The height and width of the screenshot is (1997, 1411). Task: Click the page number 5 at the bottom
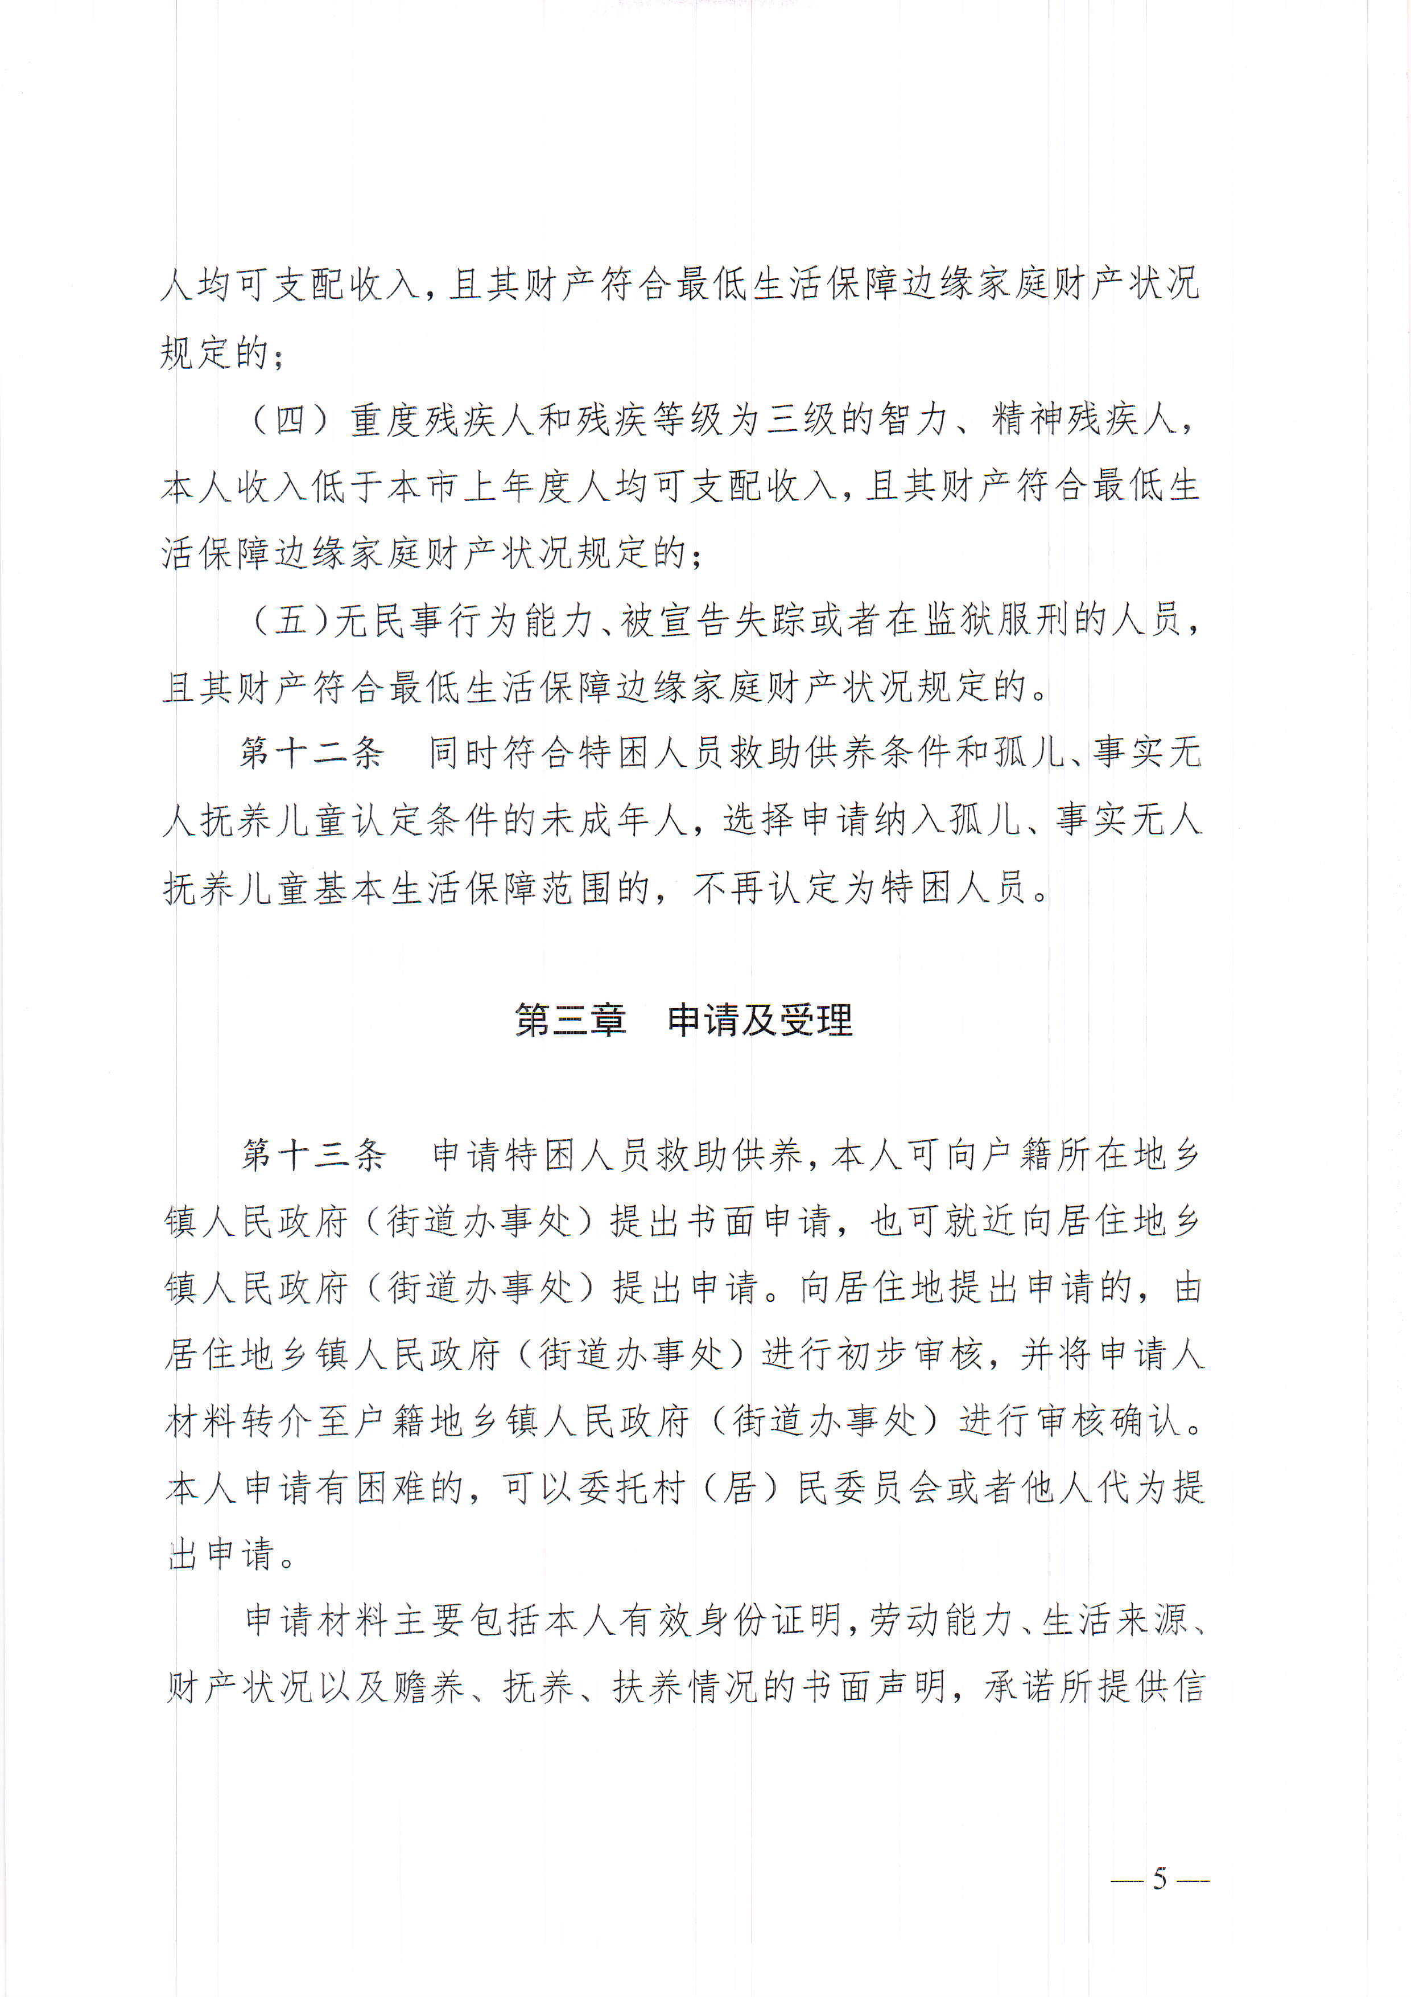[1159, 1878]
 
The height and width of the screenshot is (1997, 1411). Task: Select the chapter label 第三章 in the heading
[570, 1020]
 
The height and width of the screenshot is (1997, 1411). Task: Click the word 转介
[278, 1421]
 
